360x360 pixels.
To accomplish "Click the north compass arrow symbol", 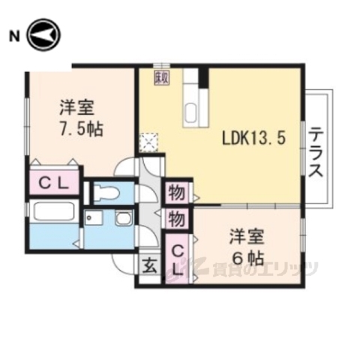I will tap(43, 34).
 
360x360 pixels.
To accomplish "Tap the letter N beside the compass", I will tap(13, 35).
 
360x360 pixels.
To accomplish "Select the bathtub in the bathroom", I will tap(52, 211).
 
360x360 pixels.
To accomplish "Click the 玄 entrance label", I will tap(149, 266).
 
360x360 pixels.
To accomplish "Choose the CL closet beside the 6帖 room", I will tap(178, 259).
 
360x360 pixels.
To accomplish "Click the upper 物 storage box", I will tap(176, 193).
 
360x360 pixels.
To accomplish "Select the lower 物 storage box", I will tap(176, 219).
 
